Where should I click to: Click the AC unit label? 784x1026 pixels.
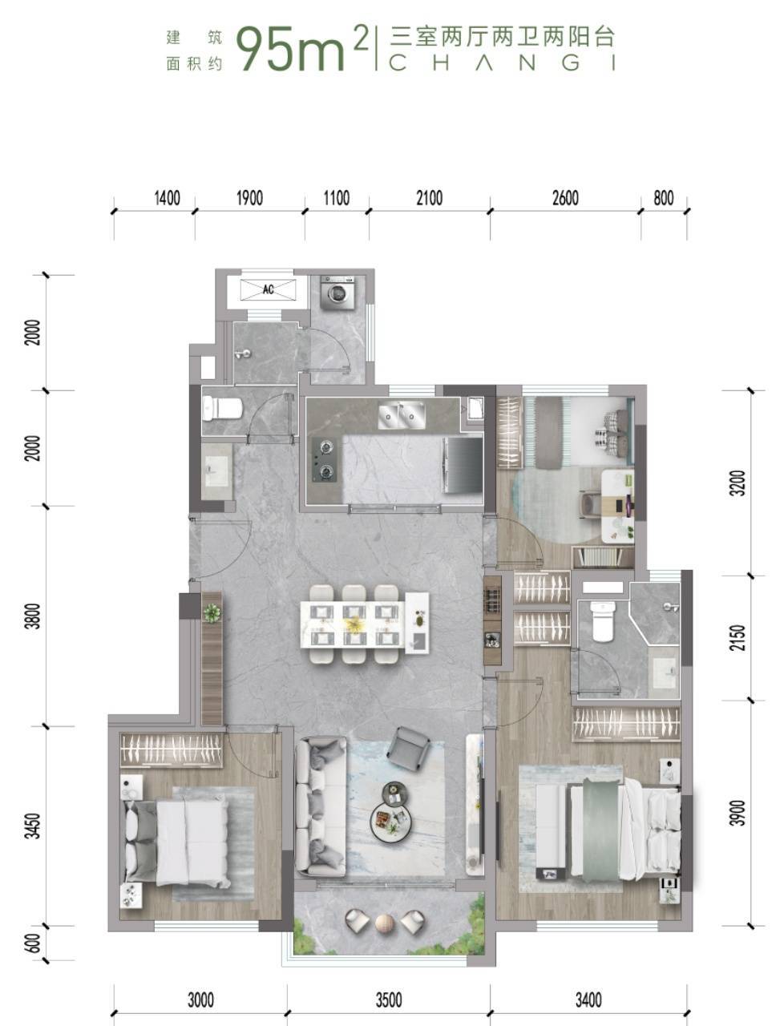pos(269,290)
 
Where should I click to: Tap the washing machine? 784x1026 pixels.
pos(337,292)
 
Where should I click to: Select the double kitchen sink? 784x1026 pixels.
pos(402,414)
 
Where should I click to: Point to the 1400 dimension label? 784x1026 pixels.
pos(168,198)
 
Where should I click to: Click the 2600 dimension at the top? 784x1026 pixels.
pos(565,198)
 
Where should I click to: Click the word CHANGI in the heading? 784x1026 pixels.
pos(502,63)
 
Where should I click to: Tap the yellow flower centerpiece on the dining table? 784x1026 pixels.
pos(354,623)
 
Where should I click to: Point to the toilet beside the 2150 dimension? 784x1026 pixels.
pos(603,621)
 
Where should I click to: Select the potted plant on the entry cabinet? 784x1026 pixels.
pos(212,613)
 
